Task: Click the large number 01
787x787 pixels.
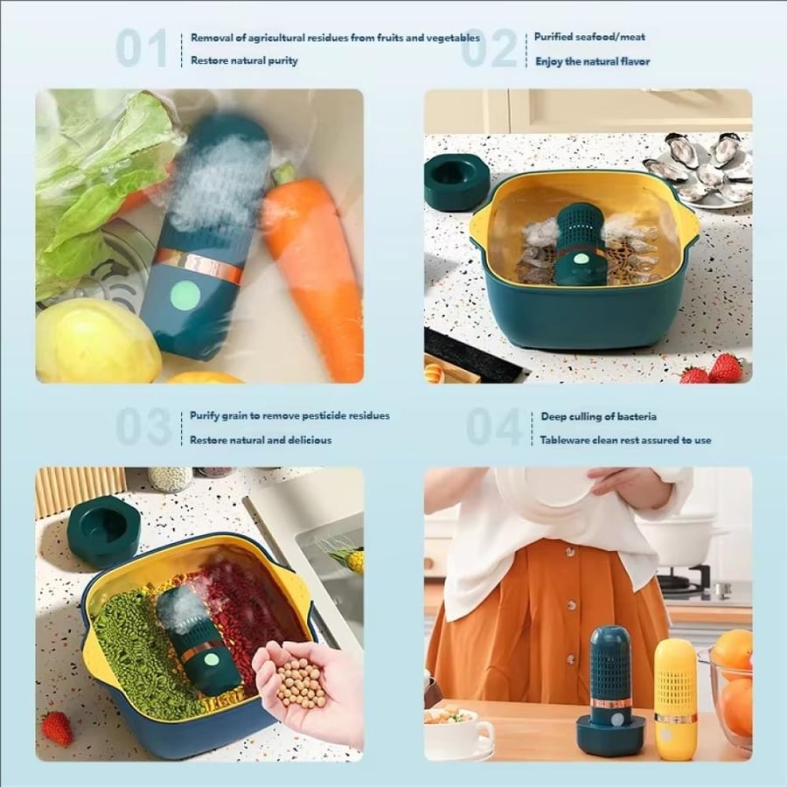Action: point(142,48)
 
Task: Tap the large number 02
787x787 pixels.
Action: point(488,48)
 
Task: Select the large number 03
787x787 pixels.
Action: point(143,427)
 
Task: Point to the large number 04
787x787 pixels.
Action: point(494,427)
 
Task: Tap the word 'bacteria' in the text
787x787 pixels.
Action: point(637,416)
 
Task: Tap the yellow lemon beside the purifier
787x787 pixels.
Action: point(97,341)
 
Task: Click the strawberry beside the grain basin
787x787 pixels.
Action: point(56,728)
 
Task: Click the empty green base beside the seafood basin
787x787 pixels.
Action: point(456,181)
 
